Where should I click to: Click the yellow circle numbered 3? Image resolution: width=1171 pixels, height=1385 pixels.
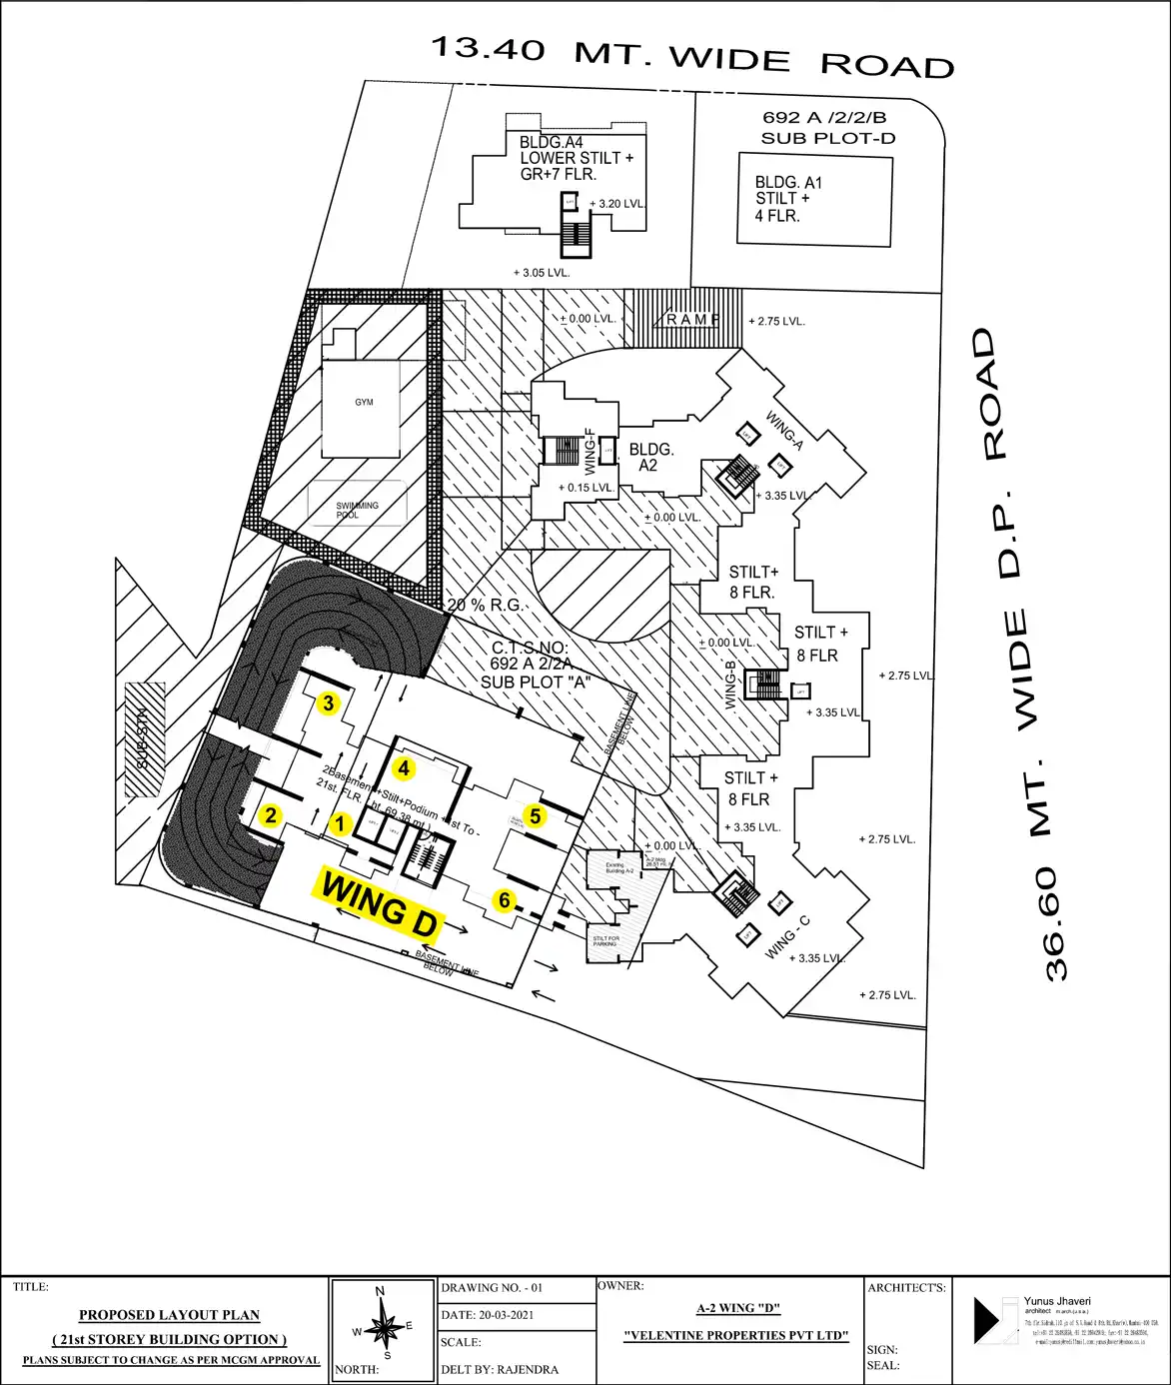point(328,703)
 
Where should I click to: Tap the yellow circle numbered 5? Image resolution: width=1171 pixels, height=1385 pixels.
point(536,816)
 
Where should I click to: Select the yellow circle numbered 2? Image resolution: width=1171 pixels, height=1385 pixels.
point(271,815)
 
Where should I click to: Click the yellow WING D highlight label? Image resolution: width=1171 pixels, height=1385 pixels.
point(381,903)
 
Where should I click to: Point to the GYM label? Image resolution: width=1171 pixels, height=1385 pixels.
point(364,402)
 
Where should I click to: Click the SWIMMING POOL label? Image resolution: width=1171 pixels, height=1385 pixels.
point(357,510)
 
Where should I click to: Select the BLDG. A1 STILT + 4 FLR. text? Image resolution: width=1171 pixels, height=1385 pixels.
point(788,199)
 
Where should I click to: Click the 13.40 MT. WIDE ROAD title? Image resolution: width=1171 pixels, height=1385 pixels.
point(692,57)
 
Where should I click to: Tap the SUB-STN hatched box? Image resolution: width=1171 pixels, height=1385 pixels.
point(144,739)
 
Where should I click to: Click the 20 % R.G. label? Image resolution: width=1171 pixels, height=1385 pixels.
point(484,606)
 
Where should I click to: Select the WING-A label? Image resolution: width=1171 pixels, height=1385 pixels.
point(784,431)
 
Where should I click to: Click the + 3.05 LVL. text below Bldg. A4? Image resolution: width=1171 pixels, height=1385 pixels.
point(542,272)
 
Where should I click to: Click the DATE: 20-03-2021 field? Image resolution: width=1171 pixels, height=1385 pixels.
point(488,1315)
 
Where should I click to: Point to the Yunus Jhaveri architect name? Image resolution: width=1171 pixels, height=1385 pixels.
point(1057,1301)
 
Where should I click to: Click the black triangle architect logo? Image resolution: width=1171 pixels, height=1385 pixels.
point(986,1320)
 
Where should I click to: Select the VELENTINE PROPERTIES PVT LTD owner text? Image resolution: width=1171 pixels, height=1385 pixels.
point(736,1335)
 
